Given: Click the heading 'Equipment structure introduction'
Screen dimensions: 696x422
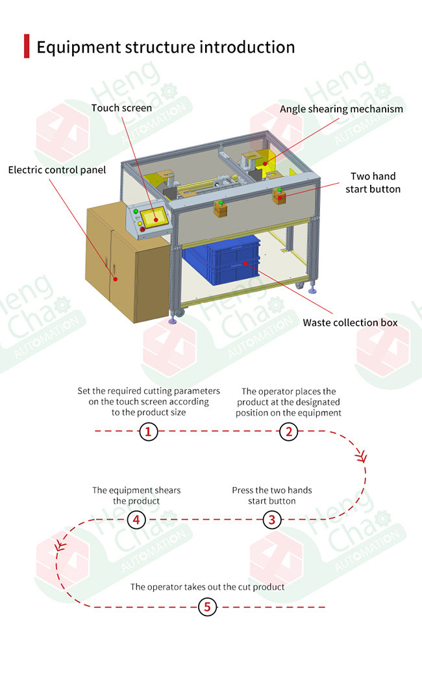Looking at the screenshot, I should click(x=166, y=47).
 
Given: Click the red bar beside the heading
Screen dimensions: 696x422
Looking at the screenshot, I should click(x=27, y=47).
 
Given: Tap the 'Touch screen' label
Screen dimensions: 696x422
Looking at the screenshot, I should click(x=121, y=108).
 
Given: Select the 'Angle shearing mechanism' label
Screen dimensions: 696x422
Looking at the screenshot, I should click(x=341, y=108).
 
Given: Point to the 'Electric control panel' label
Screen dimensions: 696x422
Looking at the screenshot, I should click(x=56, y=169).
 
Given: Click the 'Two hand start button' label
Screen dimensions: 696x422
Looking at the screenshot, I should click(x=373, y=182).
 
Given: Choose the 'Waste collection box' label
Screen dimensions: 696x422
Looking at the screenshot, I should click(x=349, y=323).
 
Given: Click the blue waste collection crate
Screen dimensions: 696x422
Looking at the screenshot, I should click(x=221, y=260).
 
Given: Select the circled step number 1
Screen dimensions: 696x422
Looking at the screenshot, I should click(x=149, y=431).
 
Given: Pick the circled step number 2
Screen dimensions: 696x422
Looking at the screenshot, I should click(x=288, y=431).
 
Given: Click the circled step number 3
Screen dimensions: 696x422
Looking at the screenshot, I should click(x=272, y=519).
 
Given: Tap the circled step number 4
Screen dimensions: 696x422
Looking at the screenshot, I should click(x=136, y=519).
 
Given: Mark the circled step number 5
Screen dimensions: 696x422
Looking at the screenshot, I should click(x=207, y=608).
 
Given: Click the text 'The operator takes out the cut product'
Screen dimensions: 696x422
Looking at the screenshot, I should click(x=207, y=587).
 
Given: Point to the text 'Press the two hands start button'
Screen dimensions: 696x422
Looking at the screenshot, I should click(x=271, y=495).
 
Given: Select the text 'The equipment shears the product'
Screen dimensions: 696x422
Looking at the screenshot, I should click(x=136, y=495).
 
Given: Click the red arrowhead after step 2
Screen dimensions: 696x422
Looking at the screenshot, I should click(x=362, y=457).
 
